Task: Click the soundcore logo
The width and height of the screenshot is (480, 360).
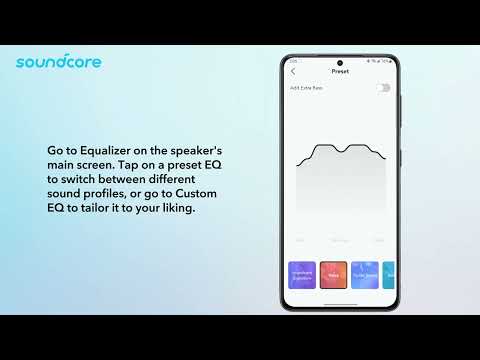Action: pos(58,62)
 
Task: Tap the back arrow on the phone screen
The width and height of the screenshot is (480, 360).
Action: pos(293,72)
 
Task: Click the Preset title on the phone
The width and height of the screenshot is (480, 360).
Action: pos(340,72)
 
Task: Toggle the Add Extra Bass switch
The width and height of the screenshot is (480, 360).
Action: pos(384,88)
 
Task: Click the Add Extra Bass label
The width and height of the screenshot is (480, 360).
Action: pos(306,88)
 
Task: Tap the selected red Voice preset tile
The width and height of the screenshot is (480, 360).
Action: pos(333,274)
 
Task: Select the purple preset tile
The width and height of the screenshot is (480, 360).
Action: pos(302,274)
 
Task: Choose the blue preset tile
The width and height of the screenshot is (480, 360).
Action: pos(364,274)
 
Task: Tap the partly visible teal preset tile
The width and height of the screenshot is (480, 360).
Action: pos(389,274)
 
